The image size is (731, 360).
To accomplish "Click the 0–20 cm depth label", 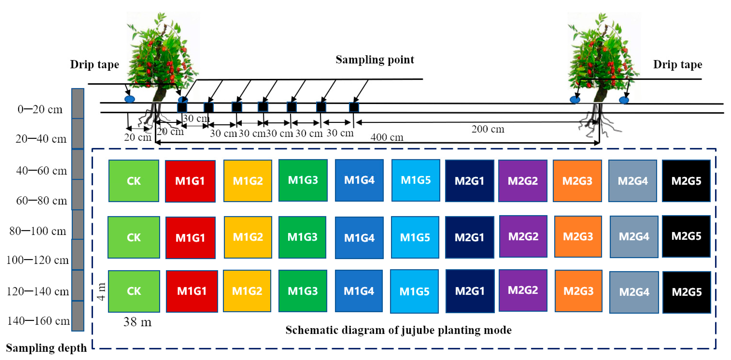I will [x=40, y=109].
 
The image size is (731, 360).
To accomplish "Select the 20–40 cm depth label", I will [x=41, y=139].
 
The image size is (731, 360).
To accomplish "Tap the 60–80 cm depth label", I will [x=42, y=201].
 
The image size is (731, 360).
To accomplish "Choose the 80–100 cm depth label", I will [x=38, y=231].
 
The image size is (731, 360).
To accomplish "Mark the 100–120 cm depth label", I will [x=37, y=260].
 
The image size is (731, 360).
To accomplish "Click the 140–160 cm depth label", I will [x=38, y=321].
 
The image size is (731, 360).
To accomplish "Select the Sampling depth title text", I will [x=46, y=348].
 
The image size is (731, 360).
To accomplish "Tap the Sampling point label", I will [x=375, y=60].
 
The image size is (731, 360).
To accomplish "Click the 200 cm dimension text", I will [x=488, y=129].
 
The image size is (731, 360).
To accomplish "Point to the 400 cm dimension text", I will [x=387, y=138].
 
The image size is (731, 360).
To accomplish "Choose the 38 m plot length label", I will [x=137, y=322].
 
